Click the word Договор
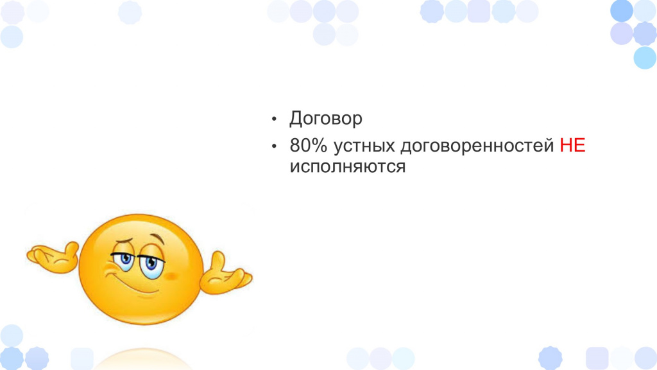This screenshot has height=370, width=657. pyautogui.click(x=325, y=119)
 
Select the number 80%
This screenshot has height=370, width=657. pyautogui.click(x=308, y=146)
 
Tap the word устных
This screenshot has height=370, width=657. pyautogui.click(x=364, y=146)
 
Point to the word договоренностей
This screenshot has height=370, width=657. pyautogui.click(x=477, y=146)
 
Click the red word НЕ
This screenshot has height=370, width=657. pyautogui.click(x=572, y=145)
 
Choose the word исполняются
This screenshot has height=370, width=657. pyautogui.click(x=347, y=166)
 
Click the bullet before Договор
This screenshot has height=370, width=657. pyautogui.click(x=274, y=119)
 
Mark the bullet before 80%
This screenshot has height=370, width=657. pyautogui.click(x=274, y=146)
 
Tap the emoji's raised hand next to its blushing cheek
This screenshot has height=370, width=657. pyautogui.click(x=226, y=274)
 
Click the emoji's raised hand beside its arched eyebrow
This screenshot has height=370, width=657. pyautogui.click(x=53, y=257)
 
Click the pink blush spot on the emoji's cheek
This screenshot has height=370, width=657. pyautogui.click(x=170, y=276)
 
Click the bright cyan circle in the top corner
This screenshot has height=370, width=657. pyautogui.click(x=645, y=57)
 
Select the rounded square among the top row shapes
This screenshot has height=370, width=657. pyautogui.click(x=479, y=12)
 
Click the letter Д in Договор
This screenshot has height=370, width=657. pyautogui.click(x=296, y=119)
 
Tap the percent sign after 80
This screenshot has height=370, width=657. pyautogui.click(x=320, y=146)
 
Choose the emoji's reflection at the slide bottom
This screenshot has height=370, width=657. pyautogui.click(x=142, y=360)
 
